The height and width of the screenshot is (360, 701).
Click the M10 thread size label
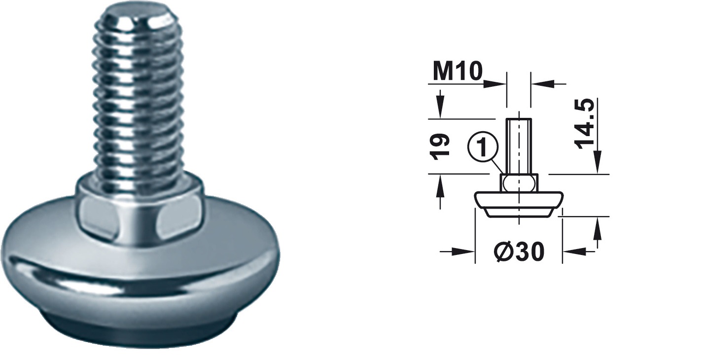coord(457,72)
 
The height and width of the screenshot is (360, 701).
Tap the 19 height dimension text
coord(439,146)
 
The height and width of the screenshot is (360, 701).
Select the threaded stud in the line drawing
coord(519,146)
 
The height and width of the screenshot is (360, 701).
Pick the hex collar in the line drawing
coord(519,184)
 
